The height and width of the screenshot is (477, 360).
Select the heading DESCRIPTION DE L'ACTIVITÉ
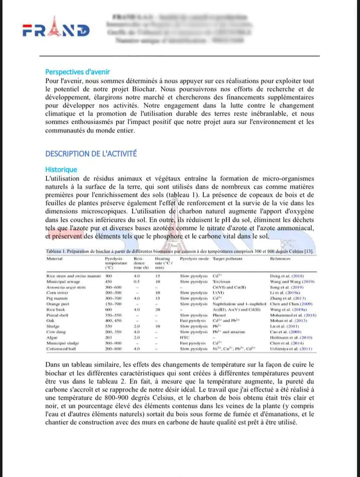tap(91, 153)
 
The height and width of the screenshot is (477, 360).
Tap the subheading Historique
tap(61, 169)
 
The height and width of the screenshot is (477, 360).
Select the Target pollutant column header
tap(227, 259)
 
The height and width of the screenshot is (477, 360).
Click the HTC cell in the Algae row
tap(185, 337)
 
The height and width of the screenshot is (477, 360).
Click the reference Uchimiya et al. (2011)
tap(291, 348)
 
